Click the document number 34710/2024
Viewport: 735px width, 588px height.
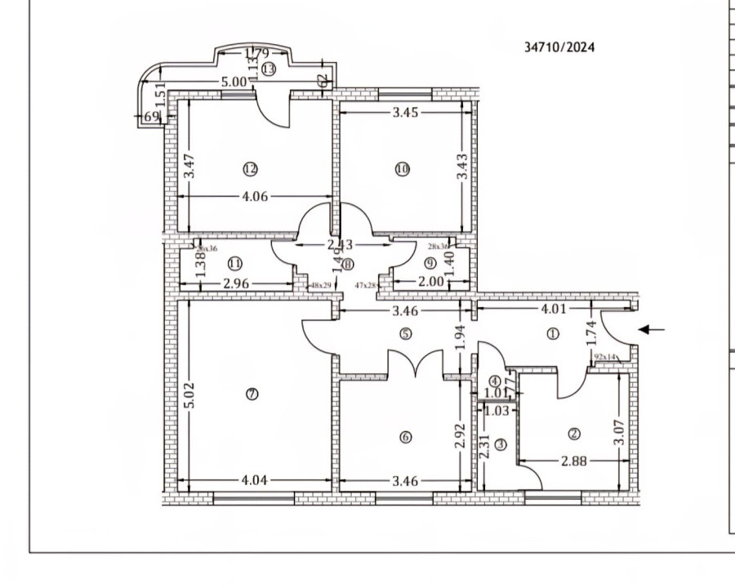pos(559,47)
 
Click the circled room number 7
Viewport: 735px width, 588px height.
pos(252,394)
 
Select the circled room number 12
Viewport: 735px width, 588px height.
pos(250,169)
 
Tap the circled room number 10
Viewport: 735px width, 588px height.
pos(402,169)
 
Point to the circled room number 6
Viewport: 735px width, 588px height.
pos(406,437)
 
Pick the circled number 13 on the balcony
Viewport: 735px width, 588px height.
pos(268,69)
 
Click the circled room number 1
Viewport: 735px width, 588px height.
pos(553,333)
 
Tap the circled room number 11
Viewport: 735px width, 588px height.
pos(235,264)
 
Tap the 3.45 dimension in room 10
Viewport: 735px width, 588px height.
pos(403,113)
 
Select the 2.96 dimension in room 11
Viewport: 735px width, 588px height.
pos(235,284)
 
